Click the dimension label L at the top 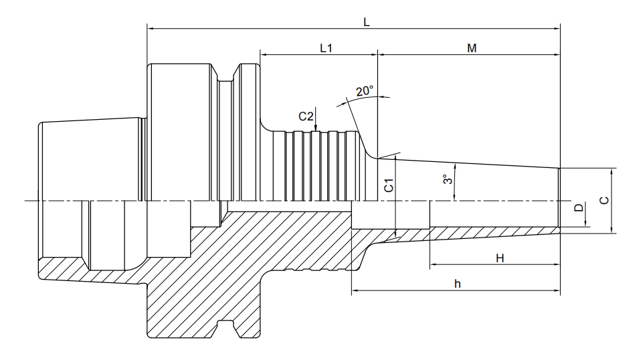pyautogui.click(x=367, y=22)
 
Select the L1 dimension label pyautogui.click(x=326, y=48)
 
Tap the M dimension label pyautogui.click(x=472, y=48)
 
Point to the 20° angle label pyautogui.click(x=365, y=90)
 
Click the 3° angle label pyautogui.click(x=448, y=179)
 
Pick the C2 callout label pyautogui.click(x=306, y=116)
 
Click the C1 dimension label pyautogui.click(x=389, y=185)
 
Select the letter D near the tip pyautogui.click(x=579, y=207)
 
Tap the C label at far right pyautogui.click(x=604, y=201)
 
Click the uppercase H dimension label pyautogui.click(x=500, y=258)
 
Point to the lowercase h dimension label pyautogui.click(x=458, y=284)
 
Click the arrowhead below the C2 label pyautogui.click(x=315, y=128)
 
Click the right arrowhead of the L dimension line pyautogui.click(x=556, y=29)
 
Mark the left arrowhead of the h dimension pyautogui.click(x=355, y=290)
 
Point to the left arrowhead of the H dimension pyautogui.click(x=434, y=264)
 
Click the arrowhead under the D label pyautogui.click(x=585, y=223)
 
